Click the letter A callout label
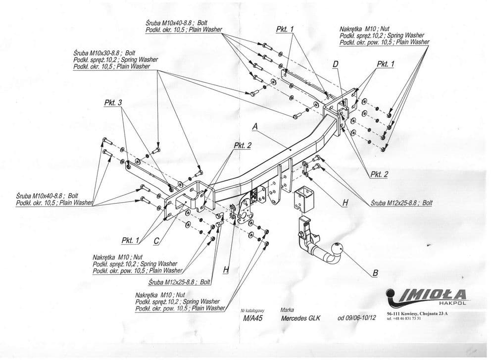pos(255,127)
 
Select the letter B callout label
pos(375,273)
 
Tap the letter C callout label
pos(156,241)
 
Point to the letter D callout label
pos(336,64)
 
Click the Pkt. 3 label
pos(113,103)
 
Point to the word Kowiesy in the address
pos(416,313)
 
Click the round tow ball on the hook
pos(337,248)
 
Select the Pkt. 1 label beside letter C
pos(130,241)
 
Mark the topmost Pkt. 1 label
pos(285,29)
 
